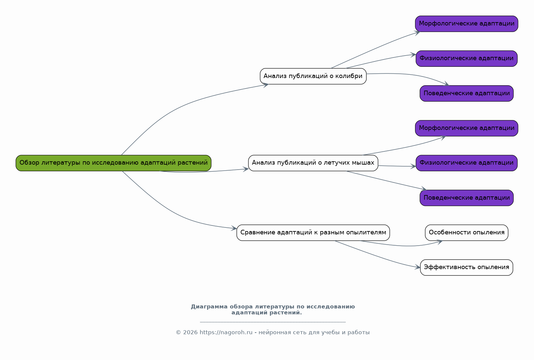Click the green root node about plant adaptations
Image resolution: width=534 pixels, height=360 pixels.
click(x=113, y=163)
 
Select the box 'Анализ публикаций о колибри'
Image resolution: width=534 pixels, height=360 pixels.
click(x=313, y=76)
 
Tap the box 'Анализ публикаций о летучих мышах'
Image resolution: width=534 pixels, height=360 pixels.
click(x=313, y=163)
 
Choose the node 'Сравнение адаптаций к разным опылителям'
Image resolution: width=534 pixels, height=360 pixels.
click(x=313, y=233)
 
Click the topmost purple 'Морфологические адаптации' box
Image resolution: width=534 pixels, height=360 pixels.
click(x=467, y=24)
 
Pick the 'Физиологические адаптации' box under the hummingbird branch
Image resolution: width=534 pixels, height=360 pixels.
click(x=467, y=59)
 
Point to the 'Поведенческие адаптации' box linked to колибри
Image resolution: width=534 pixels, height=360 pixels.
click(x=467, y=94)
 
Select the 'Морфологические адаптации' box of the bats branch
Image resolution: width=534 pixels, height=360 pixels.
click(x=467, y=128)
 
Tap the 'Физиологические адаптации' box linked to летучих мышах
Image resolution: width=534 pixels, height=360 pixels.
click(x=467, y=163)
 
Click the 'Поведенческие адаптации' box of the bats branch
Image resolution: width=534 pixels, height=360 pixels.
click(x=467, y=198)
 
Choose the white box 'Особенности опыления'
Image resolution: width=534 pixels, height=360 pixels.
click(x=467, y=233)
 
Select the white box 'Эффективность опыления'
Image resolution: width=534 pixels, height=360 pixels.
click(x=467, y=267)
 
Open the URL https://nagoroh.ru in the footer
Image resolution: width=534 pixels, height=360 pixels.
click(x=226, y=333)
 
